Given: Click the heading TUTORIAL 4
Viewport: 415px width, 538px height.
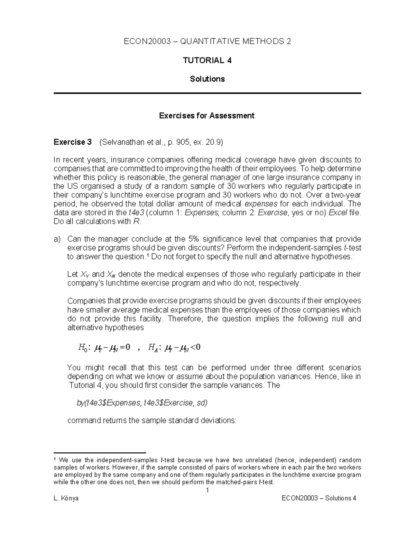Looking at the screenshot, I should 207,61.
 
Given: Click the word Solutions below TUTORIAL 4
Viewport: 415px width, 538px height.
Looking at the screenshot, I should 207,79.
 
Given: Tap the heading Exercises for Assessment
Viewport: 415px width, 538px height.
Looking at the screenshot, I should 206,116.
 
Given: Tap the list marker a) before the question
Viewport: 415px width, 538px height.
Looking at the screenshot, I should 57,239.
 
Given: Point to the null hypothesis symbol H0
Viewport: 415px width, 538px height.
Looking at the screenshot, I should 84,348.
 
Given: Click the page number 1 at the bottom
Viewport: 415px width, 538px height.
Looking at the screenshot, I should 207,491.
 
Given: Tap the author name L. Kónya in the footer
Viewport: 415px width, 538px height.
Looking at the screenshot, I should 66,498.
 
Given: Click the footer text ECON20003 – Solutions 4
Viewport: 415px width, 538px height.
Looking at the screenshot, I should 319,498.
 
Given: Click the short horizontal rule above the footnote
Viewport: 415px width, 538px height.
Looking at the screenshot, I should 100,452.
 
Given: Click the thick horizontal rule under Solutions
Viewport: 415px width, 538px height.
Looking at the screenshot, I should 207,93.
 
